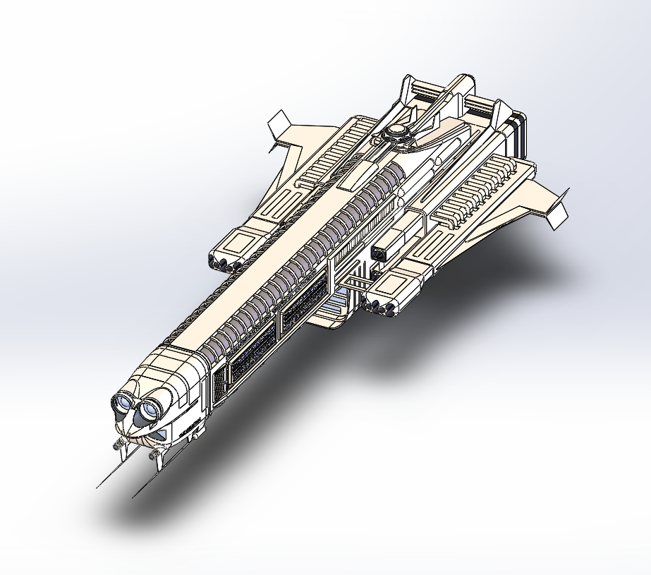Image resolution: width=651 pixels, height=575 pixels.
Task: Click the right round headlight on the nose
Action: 150,409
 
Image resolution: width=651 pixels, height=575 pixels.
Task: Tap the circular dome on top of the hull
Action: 398,131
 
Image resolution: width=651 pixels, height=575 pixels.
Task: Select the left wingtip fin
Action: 279,126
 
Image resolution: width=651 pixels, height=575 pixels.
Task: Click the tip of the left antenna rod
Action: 97,487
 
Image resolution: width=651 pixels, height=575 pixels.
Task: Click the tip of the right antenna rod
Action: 133,497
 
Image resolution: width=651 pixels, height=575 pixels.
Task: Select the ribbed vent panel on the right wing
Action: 473,194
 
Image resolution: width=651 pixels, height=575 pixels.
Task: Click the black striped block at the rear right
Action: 519,134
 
